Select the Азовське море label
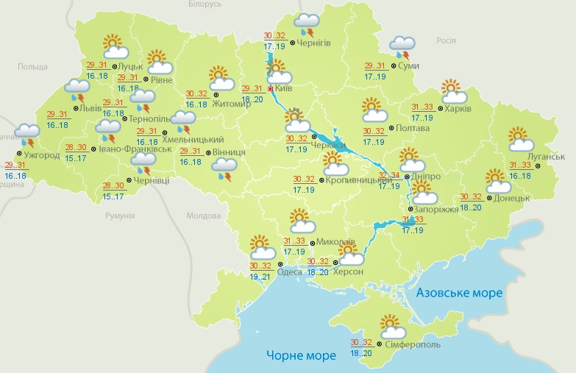pos(459,293)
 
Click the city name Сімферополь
pos(410,344)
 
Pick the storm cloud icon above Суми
pos(402,47)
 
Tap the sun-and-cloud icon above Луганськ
pos(520,139)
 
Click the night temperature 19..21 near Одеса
pos(260,277)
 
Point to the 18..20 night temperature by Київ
pos(253,99)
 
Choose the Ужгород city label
pos(41,155)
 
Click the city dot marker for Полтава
pos(391,129)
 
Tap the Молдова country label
pos(204,216)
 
